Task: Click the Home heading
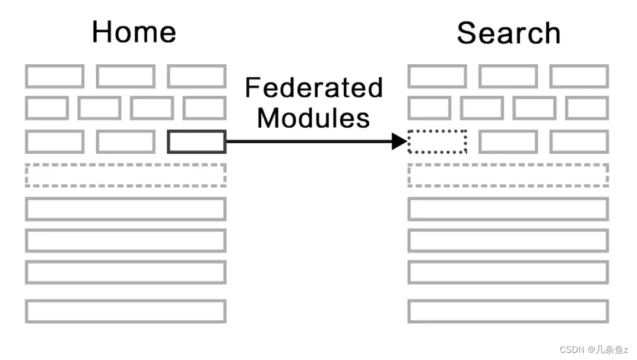tap(134, 31)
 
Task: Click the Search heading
tap(508, 33)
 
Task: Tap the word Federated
tap(313, 89)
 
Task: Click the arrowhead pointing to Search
tap(399, 141)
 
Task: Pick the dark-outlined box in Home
tap(197, 142)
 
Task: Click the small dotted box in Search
tap(437, 142)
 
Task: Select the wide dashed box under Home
tap(126, 175)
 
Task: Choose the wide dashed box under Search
tap(508, 175)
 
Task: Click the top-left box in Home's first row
tap(55, 77)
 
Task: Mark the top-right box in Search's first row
tap(579, 77)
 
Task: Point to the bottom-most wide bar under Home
tap(126, 311)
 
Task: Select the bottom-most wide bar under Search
tap(508, 311)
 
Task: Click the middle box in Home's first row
tap(125, 77)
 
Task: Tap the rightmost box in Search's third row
tap(579, 142)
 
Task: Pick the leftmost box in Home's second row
tap(47, 108)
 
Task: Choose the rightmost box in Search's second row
tap(587, 108)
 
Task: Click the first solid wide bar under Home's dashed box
tap(126, 209)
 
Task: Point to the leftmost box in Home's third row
tap(55, 142)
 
